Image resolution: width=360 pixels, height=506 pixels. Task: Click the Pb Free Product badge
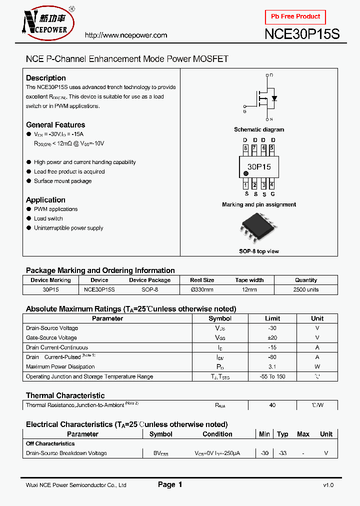[x=295, y=16]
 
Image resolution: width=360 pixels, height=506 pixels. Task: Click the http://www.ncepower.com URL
[x=126, y=35]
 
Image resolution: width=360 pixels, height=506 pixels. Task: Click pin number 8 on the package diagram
[x=245, y=148]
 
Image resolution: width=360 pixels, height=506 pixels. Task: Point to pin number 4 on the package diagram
[x=272, y=185]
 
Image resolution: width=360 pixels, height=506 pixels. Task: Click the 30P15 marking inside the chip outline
[x=259, y=166]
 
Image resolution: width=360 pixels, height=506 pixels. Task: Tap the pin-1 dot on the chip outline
[x=246, y=174]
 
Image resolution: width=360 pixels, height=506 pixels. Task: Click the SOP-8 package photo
[x=258, y=227]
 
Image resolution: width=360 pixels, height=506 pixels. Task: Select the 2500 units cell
[x=306, y=289]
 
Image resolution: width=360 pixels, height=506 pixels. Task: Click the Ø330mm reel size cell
[x=202, y=289]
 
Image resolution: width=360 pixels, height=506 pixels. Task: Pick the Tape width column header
[x=249, y=280]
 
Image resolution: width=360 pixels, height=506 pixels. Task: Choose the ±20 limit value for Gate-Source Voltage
[x=272, y=337]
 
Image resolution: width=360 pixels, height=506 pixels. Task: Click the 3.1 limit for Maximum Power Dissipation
[x=272, y=366]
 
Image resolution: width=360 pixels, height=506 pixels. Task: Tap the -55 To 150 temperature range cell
[x=272, y=376]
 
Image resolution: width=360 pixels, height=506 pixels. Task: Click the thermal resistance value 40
[x=272, y=405]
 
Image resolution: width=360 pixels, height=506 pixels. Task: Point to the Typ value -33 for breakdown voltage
[x=282, y=453]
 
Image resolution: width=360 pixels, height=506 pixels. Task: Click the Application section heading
[x=45, y=200]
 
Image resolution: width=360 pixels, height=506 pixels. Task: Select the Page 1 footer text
[x=170, y=484]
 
